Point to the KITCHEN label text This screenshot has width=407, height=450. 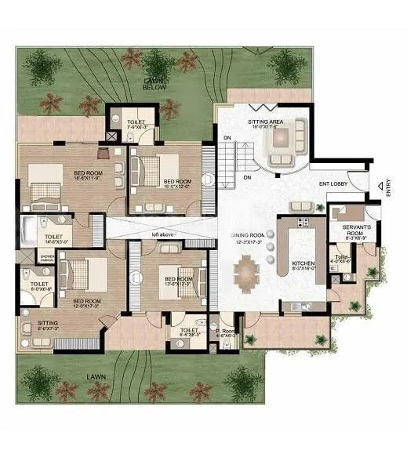pyautogui.click(x=303, y=263)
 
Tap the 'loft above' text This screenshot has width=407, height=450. pyautogui.click(x=164, y=234)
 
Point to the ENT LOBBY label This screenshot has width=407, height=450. pyautogui.click(x=333, y=184)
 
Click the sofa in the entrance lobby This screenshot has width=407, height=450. pyautogui.click(x=303, y=205)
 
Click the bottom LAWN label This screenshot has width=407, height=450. pyautogui.click(x=97, y=376)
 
